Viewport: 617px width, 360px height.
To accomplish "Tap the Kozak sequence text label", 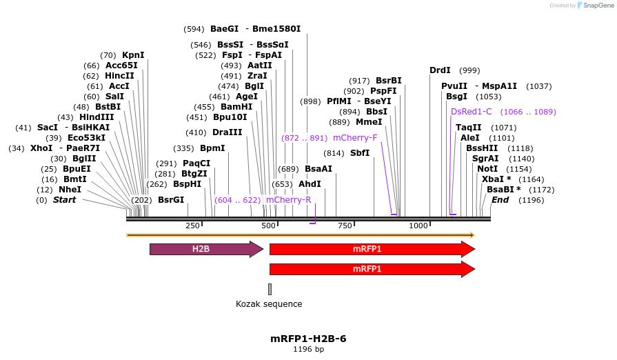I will (269, 304).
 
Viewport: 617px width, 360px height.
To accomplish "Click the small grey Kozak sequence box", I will (270, 289).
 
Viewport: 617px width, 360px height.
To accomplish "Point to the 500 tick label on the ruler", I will (268, 226).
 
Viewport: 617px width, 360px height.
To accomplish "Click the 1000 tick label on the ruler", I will (418, 226).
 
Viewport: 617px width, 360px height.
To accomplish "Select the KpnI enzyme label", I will (133, 55).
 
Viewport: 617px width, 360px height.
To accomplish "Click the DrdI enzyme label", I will (440, 70).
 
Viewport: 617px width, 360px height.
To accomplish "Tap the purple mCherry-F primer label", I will (355, 138).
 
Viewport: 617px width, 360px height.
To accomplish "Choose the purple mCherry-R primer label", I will (288, 200).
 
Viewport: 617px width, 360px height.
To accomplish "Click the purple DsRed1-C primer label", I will (472, 112).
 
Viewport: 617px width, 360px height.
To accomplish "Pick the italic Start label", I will (65, 200).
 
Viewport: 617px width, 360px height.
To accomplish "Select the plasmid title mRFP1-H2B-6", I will (308, 339).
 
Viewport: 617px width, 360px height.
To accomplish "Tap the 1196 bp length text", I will (308, 350).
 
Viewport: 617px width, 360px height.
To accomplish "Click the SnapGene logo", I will (595, 6).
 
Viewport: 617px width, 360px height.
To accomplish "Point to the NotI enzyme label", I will (487, 169).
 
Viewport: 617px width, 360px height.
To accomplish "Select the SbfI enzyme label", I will (360, 153).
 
